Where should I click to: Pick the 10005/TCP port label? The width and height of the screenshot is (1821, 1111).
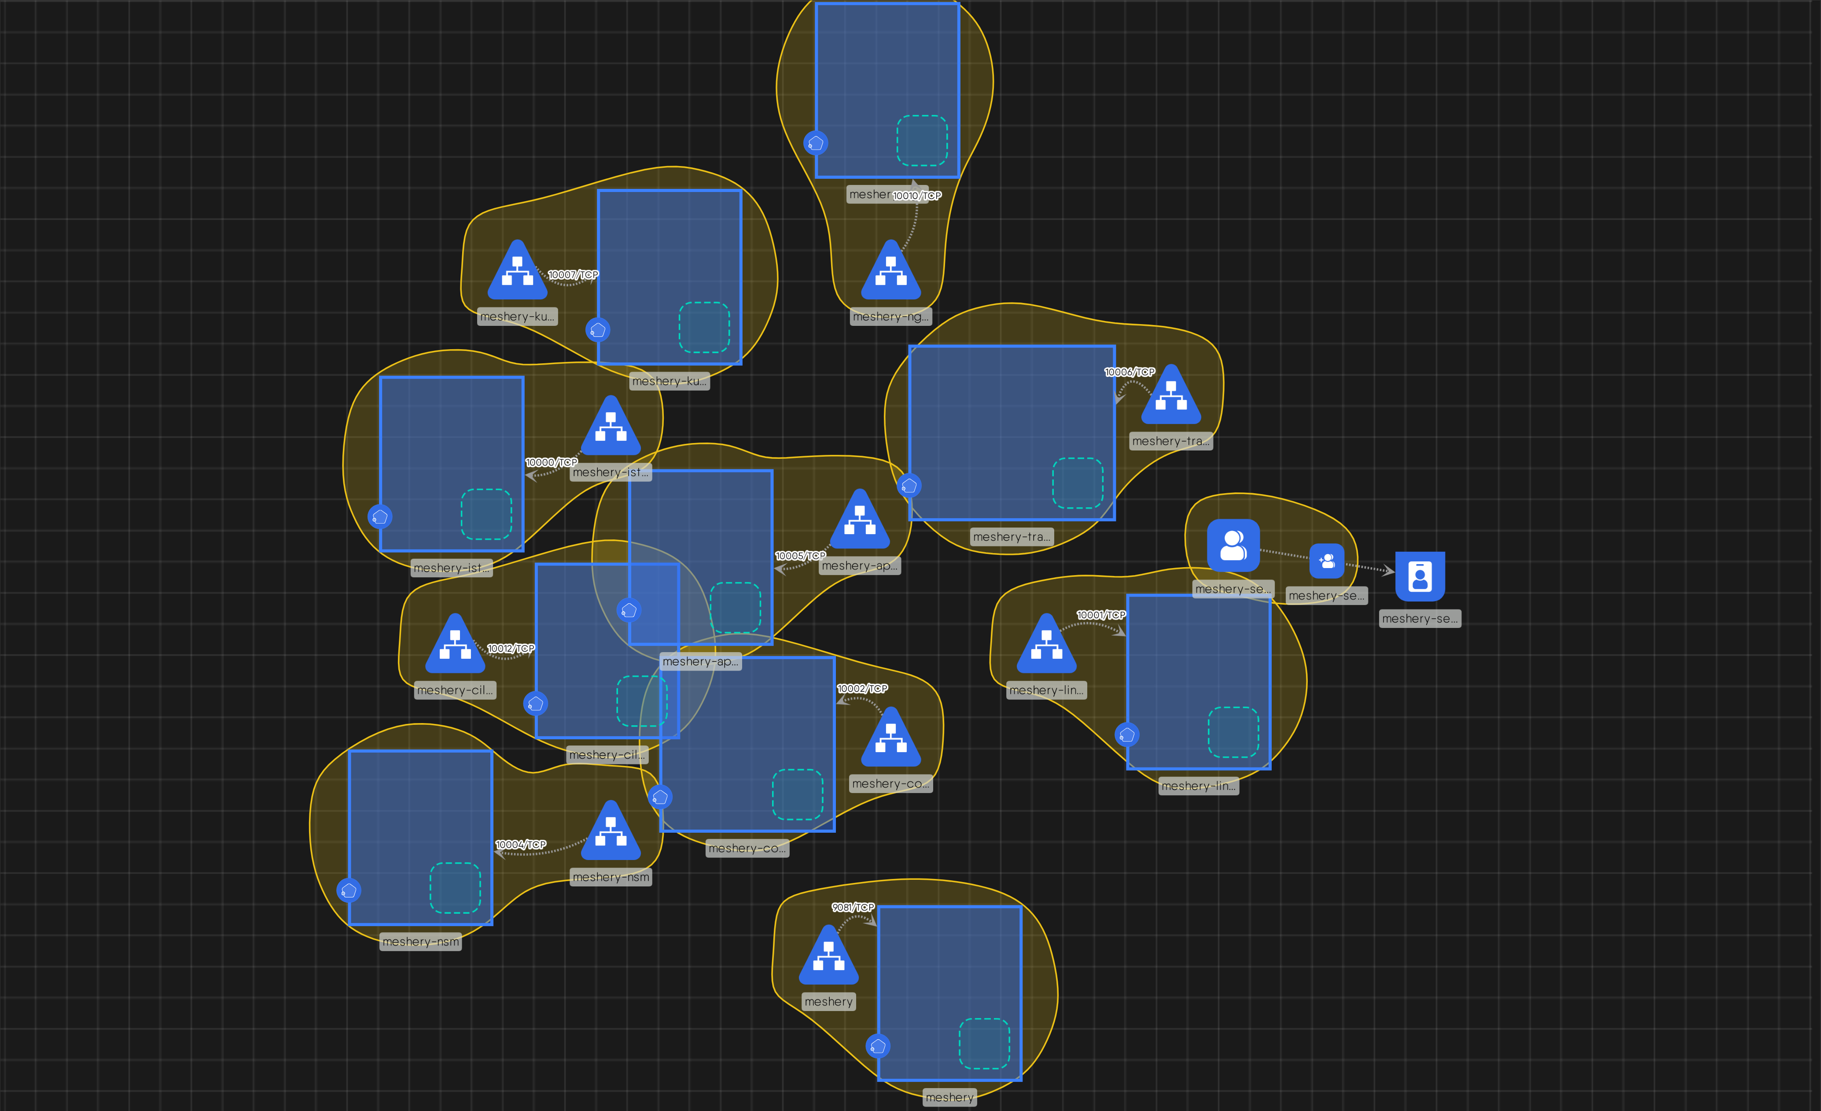pos(800,556)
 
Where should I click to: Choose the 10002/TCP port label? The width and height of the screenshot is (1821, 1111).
pos(862,689)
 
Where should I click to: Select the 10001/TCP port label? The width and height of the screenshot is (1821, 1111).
pos(1101,615)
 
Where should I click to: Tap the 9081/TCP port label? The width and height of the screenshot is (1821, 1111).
pos(853,907)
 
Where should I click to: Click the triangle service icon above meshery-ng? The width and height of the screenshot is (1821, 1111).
pos(891,272)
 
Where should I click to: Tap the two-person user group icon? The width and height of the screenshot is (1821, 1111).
pos(1233,546)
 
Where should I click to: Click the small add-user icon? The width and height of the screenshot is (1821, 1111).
pos(1327,561)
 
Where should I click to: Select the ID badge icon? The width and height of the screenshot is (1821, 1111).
pos(1420,576)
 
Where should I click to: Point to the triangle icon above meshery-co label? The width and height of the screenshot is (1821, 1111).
pos(891,739)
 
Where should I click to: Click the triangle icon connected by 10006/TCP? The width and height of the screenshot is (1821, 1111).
pos(1171,397)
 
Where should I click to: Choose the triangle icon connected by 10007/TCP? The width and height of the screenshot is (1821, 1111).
pos(517,272)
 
